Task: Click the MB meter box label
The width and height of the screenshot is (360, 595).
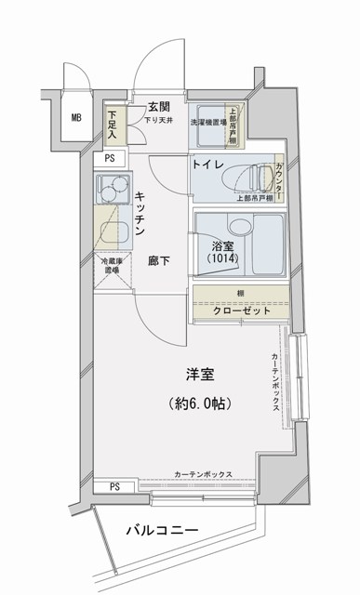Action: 75,117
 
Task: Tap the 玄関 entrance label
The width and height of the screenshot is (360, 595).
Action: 158,106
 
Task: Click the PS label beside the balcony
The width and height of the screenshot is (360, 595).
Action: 114,486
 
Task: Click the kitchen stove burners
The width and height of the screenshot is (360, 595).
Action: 113,190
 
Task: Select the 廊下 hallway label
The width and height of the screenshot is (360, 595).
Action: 158,261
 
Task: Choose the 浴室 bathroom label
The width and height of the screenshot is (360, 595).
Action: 221,247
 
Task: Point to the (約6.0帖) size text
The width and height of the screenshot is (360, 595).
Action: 201,404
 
